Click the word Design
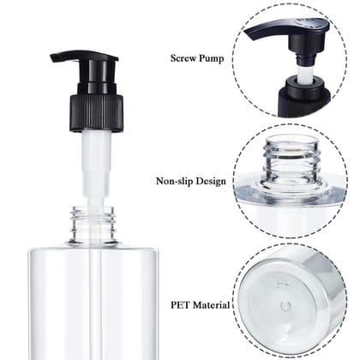[211, 181]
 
